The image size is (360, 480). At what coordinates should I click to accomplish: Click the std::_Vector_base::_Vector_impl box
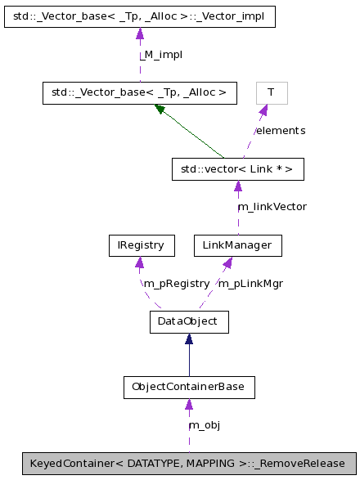coord(139,16)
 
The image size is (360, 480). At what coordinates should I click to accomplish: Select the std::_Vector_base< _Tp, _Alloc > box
coord(139,92)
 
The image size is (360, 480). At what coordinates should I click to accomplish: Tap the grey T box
coord(272,92)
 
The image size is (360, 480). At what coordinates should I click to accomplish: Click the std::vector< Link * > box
coord(237,169)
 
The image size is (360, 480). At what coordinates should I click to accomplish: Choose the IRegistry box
coord(141,244)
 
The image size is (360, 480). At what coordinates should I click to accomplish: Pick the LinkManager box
coord(237,244)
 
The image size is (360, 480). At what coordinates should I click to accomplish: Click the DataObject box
coord(188,321)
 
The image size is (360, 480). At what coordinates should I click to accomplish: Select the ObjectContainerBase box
coord(188,387)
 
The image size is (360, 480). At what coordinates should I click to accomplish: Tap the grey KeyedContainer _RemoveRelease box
coord(189,464)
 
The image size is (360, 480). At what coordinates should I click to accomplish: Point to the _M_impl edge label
coord(160,55)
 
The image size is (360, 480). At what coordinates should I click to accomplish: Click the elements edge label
coord(280,131)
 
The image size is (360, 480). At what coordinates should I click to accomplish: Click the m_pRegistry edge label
coord(176,283)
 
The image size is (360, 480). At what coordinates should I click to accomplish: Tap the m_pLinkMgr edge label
coord(250,283)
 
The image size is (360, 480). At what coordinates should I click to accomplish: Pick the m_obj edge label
coord(204,425)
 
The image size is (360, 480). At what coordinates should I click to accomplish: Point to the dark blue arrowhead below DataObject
coord(188,339)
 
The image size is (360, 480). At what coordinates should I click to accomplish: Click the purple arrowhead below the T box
coord(263,110)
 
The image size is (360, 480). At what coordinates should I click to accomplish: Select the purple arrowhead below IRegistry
coord(141,262)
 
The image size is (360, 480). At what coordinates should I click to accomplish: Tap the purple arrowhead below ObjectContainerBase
coord(189,404)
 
